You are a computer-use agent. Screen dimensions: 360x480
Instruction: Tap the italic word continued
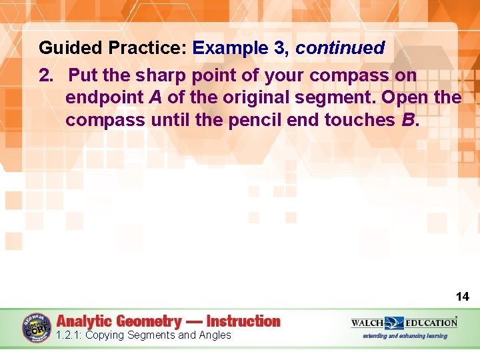coord(339,48)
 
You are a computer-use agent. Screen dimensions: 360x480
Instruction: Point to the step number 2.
coord(45,75)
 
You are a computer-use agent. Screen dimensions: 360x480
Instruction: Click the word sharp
coord(159,75)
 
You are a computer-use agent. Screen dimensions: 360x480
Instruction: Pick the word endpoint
coord(104,97)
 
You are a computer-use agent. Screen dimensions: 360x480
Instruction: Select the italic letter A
coord(155,97)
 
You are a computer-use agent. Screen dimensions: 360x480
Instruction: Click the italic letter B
coord(407,120)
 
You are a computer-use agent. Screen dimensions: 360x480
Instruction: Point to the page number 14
coord(462,297)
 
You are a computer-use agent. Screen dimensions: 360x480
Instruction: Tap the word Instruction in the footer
coord(243,321)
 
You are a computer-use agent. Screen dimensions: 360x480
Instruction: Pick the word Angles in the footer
coord(214,335)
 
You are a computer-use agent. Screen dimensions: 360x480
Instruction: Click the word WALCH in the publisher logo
coord(368,323)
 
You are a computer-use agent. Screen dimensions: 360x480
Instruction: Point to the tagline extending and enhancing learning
coord(405,336)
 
